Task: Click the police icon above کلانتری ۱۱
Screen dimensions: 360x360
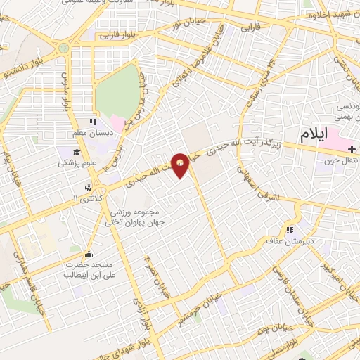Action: pyautogui.click(x=88, y=188)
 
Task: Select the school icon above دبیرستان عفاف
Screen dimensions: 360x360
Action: pyautogui.click(x=289, y=231)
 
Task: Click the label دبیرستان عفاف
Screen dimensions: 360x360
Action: pyautogui.click(x=292, y=241)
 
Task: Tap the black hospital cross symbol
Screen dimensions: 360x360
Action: pyautogui.click(x=351, y=149)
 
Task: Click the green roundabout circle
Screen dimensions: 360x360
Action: pyautogui.click(x=63, y=49)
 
